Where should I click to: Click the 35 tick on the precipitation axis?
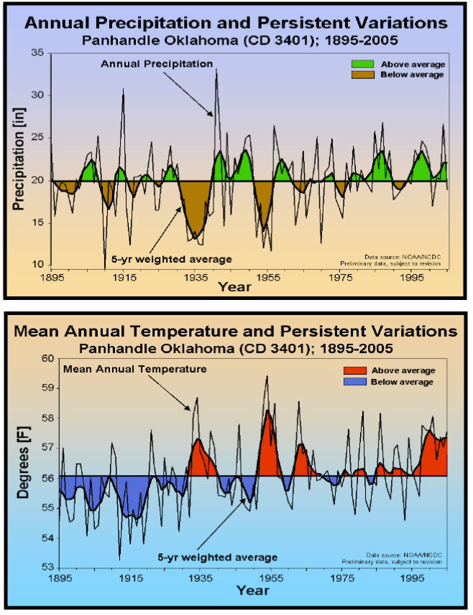tap(38, 53)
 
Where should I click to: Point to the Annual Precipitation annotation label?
tap(156, 64)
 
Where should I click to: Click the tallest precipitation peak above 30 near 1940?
tap(216, 70)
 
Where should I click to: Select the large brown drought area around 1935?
tap(196, 208)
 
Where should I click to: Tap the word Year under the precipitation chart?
tap(235, 287)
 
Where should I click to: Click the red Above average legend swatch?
tap(359, 370)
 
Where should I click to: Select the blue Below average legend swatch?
tap(359, 382)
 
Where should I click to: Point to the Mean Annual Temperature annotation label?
tap(135, 369)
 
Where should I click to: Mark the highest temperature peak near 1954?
tap(267, 376)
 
